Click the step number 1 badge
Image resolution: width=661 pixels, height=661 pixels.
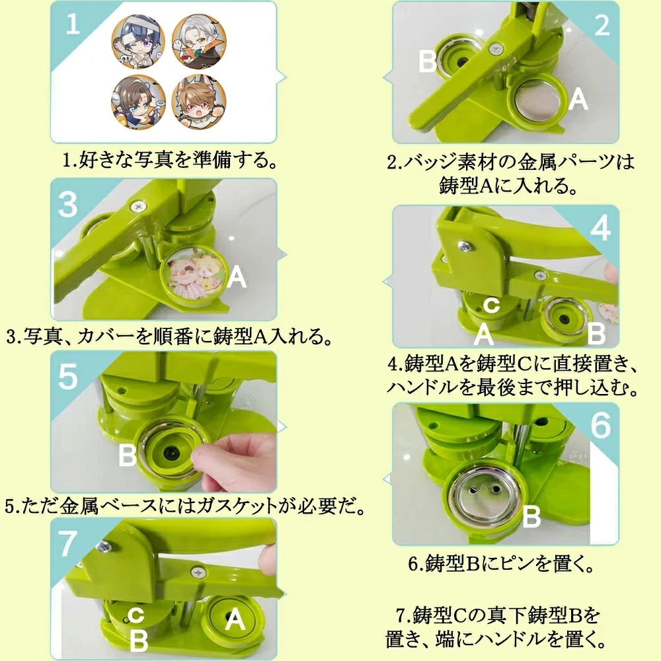click(73, 22)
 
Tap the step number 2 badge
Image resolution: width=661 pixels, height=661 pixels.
click(602, 25)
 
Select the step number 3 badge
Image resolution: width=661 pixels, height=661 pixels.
click(68, 204)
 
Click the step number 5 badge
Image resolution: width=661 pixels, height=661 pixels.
click(68, 377)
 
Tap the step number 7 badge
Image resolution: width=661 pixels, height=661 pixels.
click(67, 544)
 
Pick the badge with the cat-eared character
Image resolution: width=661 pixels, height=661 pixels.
click(199, 101)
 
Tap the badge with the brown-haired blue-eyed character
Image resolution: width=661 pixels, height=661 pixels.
click(138, 102)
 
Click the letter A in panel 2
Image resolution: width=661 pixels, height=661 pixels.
click(578, 100)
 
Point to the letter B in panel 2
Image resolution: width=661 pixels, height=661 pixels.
click(427, 61)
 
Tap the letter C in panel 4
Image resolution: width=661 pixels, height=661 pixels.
click(491, 305)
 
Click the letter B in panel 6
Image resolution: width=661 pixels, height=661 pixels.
click(531, 516)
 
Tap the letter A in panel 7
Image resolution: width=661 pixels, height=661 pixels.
click(235, 620)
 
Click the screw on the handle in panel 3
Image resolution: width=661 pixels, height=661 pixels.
click(138, 206)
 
